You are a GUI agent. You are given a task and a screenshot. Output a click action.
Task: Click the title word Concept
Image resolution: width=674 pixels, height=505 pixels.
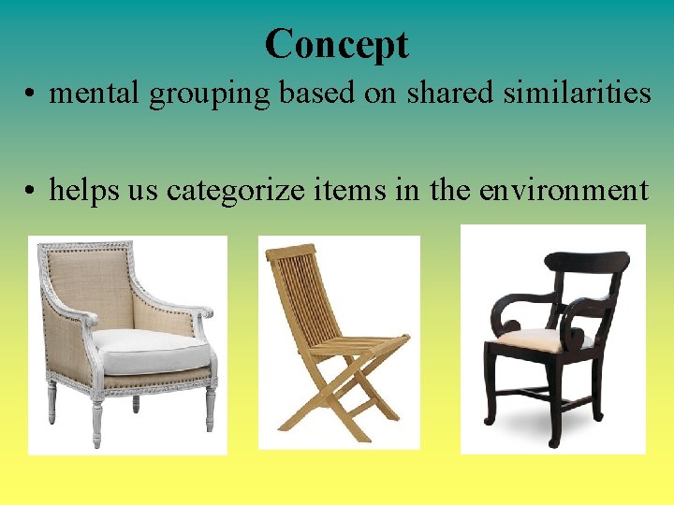(x=336, y=44)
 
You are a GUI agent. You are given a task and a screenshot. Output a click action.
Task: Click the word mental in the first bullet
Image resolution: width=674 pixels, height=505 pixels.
(x=88, y=93)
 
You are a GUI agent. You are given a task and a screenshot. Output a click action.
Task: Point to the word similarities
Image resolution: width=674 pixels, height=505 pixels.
(x=576, y=93)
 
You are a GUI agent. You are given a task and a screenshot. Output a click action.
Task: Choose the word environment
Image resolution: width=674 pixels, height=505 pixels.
(x=563, y=190)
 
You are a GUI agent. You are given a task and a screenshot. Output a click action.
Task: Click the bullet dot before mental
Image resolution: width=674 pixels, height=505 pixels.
(x=33, y=94)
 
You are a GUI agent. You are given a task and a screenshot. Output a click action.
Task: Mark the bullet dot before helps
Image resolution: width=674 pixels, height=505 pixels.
(x=33, y=192)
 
